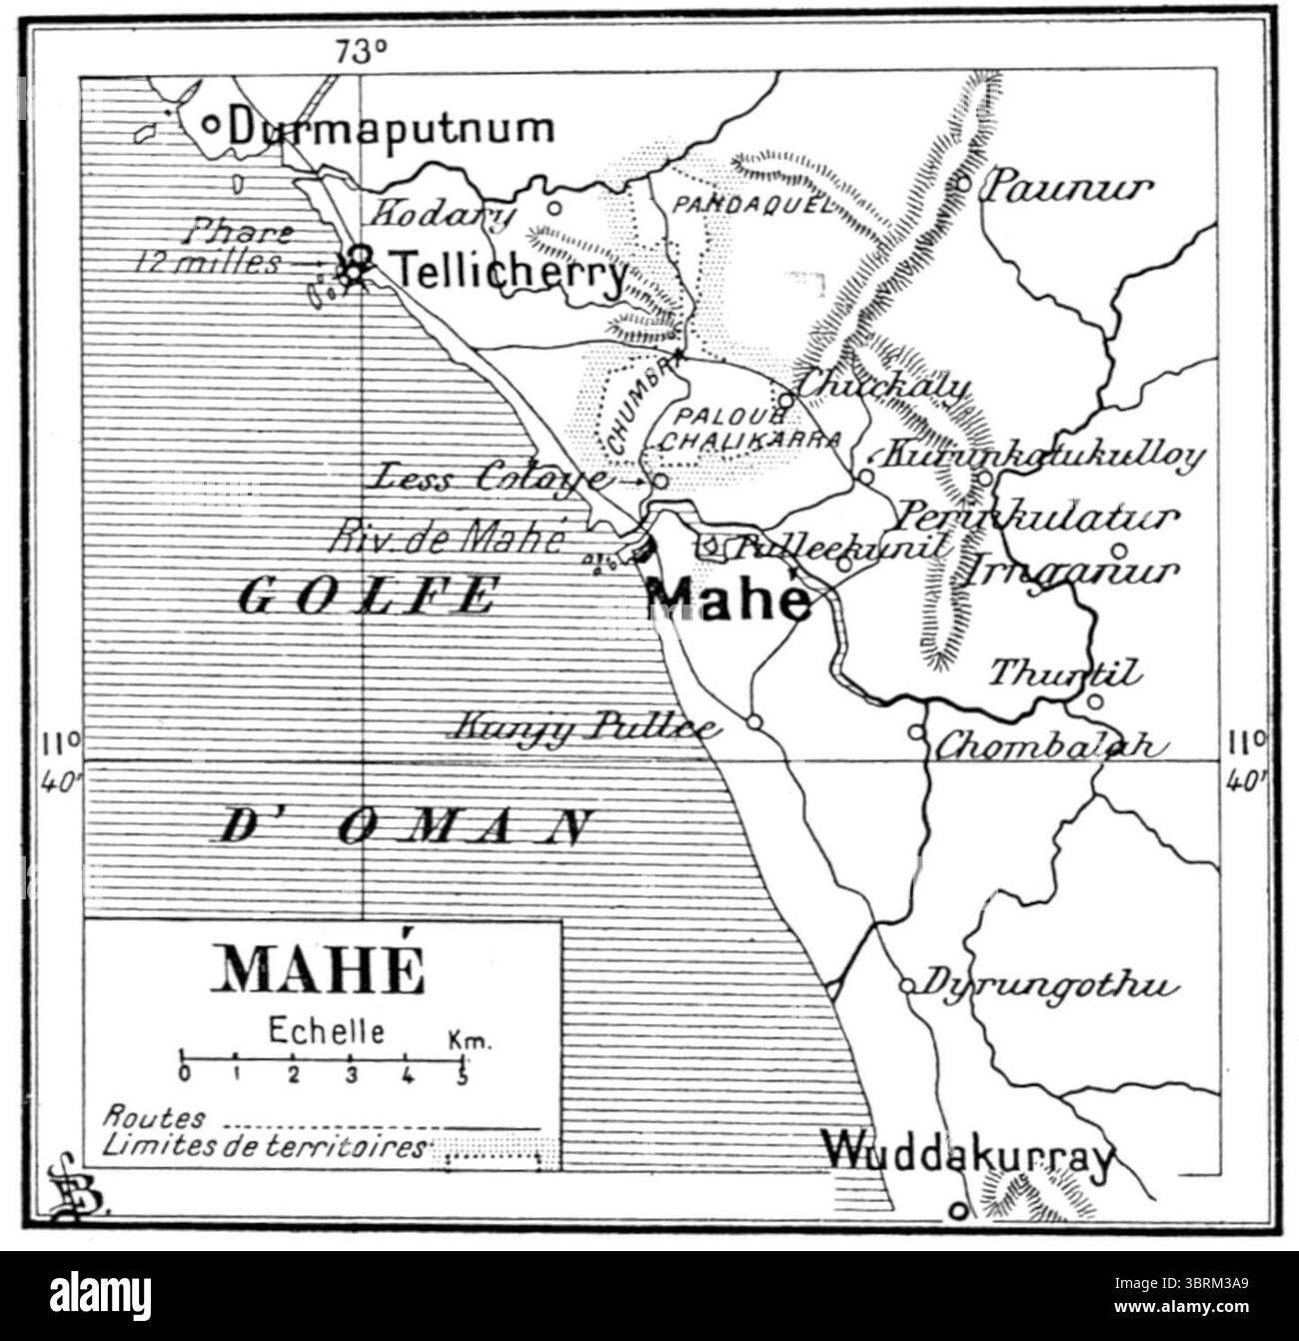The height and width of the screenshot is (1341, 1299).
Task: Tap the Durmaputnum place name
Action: point(391,128)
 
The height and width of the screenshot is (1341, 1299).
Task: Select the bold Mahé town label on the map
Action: point(727,599)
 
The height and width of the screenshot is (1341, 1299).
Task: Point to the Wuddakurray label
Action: point(966,1158)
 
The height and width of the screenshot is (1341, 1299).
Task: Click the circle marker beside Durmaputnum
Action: point(211,125)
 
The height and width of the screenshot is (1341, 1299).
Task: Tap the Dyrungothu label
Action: point(1043,985)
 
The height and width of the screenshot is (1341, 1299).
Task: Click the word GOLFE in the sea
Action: point(368,596)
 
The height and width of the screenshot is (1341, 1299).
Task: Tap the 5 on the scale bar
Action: point(462,1076)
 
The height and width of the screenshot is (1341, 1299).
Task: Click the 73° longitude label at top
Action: point(361,53)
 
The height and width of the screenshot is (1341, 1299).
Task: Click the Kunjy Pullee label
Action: point(585,726)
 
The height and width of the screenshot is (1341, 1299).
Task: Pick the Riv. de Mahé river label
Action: point(448,540)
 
